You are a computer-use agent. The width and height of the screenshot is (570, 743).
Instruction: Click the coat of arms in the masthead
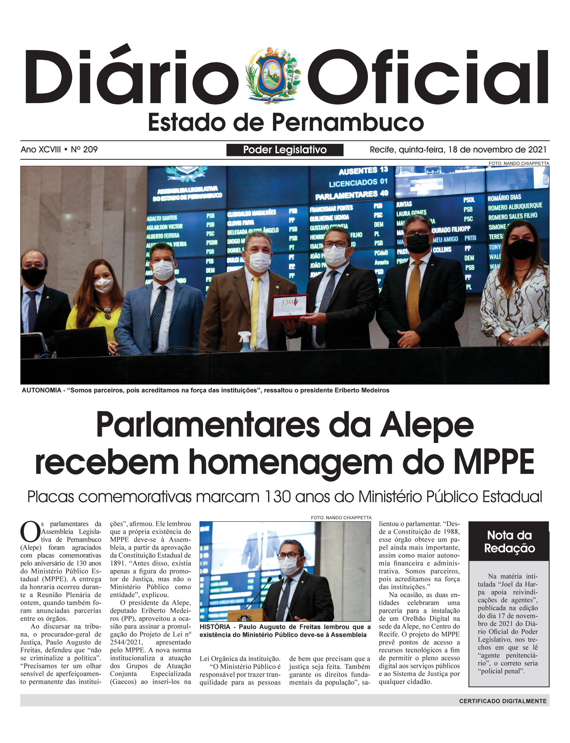pos(273,75)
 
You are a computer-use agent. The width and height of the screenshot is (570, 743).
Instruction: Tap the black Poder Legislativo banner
pos(285,150)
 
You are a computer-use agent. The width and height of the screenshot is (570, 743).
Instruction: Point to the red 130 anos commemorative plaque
pos(290,306)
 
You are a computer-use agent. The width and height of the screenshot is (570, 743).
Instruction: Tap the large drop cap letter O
pos(30,531)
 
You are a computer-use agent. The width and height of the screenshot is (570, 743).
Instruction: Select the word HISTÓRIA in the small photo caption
pos(215,627)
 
